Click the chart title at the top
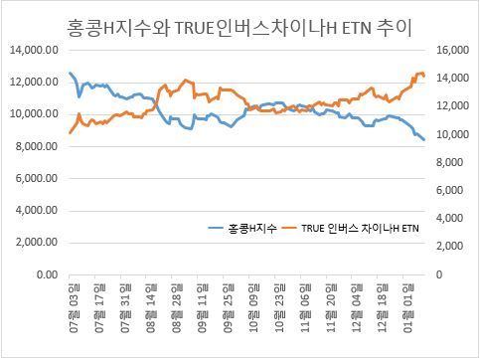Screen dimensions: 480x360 240,28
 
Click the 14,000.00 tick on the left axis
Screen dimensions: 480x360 35,50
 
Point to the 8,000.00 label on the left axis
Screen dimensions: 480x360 37,146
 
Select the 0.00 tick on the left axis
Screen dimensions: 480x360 48,274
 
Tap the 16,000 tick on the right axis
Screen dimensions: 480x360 453,50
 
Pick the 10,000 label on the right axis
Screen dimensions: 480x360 453,134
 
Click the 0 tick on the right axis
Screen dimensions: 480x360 439,274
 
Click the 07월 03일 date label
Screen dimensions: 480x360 75,308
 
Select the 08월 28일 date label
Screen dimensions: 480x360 177,308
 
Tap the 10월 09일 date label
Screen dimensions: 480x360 254,308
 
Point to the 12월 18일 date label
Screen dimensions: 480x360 383,308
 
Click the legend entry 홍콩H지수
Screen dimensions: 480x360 242,228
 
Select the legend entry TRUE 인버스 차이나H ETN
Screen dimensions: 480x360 350,228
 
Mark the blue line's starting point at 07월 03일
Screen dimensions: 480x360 70,73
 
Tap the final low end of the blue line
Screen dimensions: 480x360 424,140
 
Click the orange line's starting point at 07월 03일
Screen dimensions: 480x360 70,133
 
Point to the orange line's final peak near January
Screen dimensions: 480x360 421,73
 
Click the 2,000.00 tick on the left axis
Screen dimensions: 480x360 37,243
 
